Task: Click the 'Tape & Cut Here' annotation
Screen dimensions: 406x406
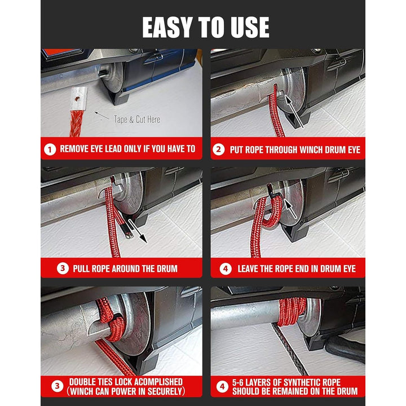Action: click(137, 120)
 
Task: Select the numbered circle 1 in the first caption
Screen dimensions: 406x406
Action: click(50, 149)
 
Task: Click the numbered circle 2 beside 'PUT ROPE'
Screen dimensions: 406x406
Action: click(219, 149)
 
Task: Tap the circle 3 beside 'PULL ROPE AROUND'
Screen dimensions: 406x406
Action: click(63, 268)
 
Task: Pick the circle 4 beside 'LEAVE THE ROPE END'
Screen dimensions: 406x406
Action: click(226, 269)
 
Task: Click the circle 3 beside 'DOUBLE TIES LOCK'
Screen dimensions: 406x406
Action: click(57, 386)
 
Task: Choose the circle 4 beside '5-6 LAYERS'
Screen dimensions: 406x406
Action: click(222, 387)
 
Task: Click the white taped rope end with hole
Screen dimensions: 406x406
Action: click(78, 99)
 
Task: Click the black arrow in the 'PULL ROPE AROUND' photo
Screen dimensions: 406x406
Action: click(138, 231)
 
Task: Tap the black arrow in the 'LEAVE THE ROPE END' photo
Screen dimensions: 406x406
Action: click(290, 209)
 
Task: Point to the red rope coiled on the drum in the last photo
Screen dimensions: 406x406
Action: click(292, 311)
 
